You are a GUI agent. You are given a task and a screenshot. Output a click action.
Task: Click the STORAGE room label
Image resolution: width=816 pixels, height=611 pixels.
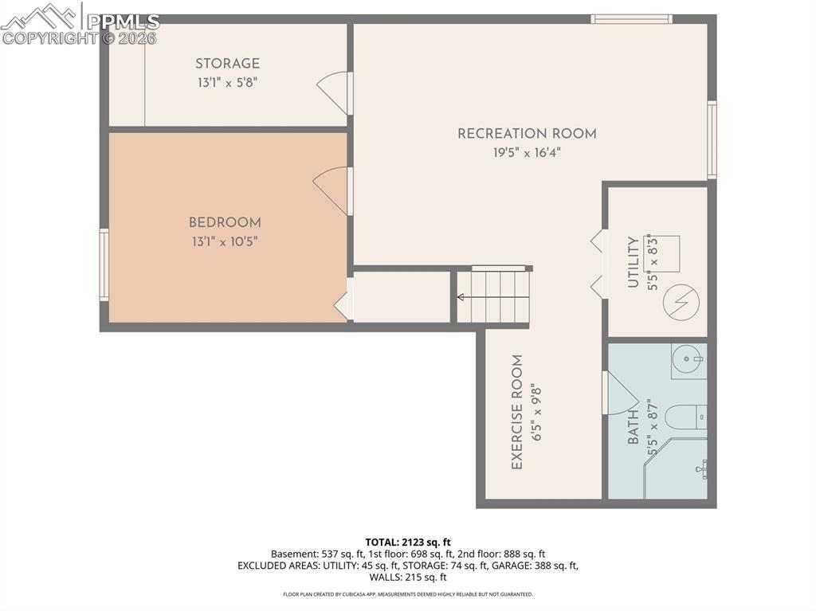227,64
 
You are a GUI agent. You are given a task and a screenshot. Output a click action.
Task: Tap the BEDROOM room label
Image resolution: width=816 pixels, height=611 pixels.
225,223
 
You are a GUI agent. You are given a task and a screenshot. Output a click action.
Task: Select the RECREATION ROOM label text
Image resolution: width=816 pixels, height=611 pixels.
527,134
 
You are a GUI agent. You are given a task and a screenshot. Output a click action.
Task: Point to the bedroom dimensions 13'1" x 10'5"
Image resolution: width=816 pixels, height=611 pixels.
225,241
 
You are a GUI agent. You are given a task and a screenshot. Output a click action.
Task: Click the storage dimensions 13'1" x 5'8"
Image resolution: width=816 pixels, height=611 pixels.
227,82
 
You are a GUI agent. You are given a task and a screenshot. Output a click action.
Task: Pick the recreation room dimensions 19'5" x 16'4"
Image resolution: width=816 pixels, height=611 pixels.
527,153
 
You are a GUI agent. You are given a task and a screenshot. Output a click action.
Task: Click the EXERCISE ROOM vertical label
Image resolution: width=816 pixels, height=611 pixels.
517,412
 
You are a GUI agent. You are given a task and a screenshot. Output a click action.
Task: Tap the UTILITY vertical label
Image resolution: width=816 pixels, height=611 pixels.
634,262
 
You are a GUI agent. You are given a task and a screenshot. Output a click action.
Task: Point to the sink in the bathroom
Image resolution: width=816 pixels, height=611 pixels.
688,361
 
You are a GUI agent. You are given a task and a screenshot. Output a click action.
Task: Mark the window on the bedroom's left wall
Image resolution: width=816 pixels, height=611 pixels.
104,264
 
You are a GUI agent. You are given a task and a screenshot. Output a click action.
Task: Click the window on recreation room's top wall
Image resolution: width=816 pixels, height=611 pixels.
631,19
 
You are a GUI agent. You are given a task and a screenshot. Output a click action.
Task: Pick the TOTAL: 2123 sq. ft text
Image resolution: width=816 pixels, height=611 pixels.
407,542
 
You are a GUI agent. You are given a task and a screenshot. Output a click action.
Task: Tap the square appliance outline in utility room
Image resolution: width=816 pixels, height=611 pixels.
661,253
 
